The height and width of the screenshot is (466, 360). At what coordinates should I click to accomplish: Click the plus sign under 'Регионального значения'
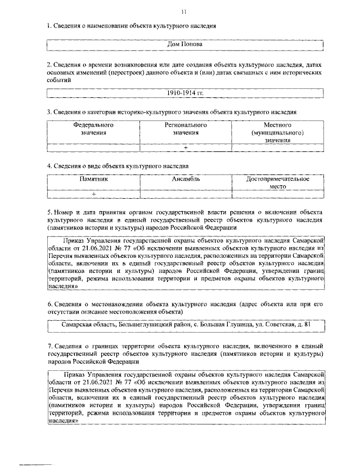186,147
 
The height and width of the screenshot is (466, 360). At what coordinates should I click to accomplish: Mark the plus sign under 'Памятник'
93,194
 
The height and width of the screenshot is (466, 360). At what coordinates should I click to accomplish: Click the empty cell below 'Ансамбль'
186,194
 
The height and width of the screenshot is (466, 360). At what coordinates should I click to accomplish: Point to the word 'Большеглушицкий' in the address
142,324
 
